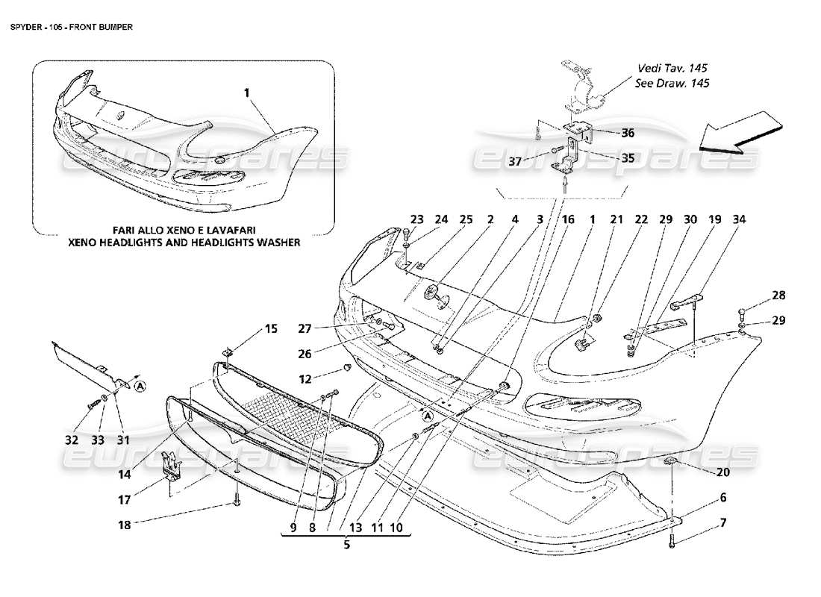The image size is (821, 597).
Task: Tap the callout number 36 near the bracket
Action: pos(628,134)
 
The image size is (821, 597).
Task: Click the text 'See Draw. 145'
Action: pos(672,83)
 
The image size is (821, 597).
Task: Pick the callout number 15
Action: pos(270,328)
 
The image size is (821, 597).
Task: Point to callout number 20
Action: pos(722,472)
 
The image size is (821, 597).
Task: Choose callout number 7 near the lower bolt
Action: pos(722,522)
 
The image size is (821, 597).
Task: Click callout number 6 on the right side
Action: pos(722,497)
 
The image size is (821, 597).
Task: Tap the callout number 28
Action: pos(779,296)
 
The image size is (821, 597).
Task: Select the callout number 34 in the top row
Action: pos(739,220)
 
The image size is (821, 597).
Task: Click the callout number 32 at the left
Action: pos(72,440)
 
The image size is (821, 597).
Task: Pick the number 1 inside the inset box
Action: pos(247,95)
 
